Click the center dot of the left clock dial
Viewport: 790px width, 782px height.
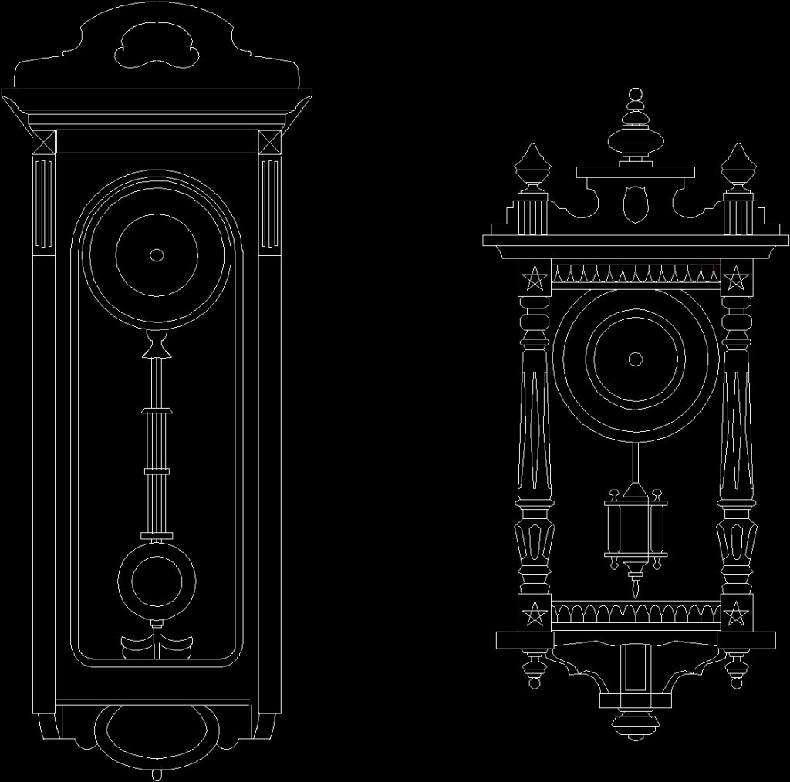[x=157, y=255]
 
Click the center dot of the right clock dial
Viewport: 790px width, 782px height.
[x=635, y=359]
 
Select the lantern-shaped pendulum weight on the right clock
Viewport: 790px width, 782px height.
[x=635, y=527]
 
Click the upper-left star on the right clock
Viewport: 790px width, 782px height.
[x=533, y=278]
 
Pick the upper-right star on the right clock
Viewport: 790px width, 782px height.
[x=737, y=278]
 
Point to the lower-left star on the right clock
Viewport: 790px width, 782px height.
[x=533, y=615]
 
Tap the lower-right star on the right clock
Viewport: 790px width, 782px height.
[x=737, y=615]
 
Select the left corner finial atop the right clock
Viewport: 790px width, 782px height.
[x=533, y=168]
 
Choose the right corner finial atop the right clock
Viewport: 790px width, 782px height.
[x=737, y=168]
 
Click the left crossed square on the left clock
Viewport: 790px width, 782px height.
[x=42, y=143]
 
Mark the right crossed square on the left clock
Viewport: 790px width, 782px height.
[x=270, y=143]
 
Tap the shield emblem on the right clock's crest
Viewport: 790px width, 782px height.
[x=635, y=202]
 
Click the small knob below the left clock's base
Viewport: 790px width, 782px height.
[x=157, y=774]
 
